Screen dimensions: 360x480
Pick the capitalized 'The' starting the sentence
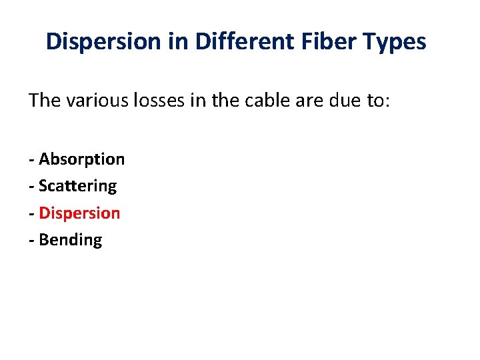45,101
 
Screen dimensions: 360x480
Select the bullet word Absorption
81,159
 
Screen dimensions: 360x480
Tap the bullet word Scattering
77,186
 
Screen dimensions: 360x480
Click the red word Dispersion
79,213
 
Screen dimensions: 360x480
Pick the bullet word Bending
70,240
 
